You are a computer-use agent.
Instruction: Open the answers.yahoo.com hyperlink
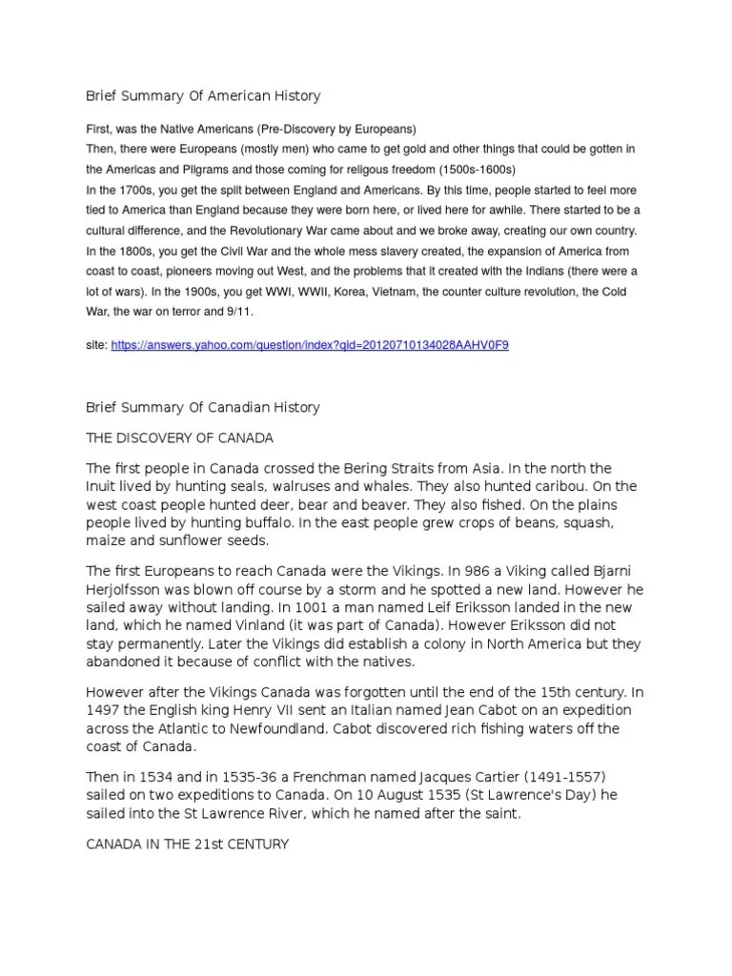310,344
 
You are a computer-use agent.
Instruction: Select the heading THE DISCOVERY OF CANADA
179,438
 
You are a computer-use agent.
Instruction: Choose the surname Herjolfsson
129,590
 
